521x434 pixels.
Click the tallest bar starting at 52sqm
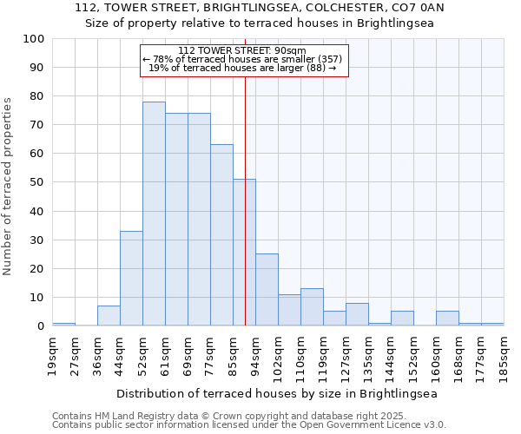154,214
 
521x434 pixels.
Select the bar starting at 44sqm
131,278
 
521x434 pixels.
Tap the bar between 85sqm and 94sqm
244,252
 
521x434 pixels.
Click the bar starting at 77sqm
221,234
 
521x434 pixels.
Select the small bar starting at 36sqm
109,316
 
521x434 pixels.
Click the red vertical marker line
246,217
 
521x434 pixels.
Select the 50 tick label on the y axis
37,182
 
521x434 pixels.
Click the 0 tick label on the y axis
41,326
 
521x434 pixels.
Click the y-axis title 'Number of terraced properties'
9,187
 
